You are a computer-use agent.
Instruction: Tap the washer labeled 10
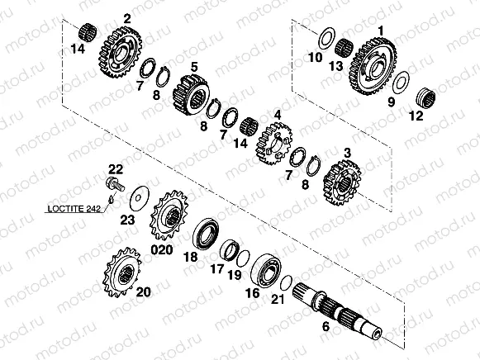326,38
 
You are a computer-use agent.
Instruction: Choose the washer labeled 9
402,82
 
